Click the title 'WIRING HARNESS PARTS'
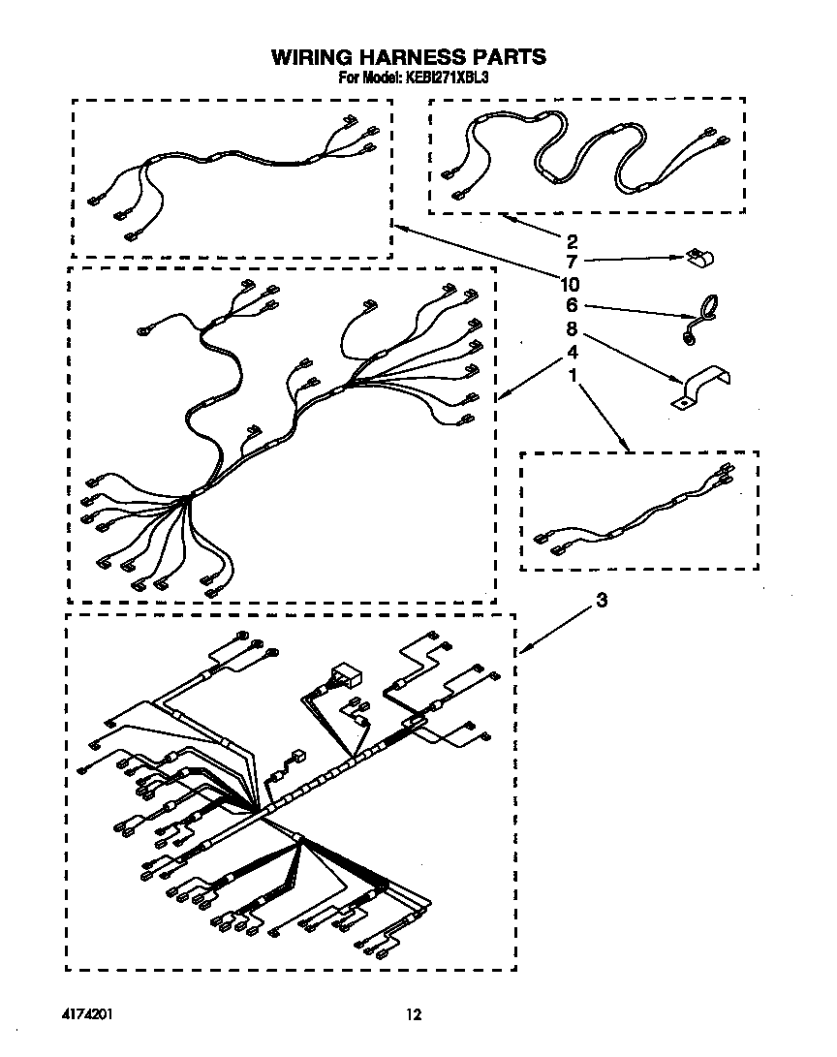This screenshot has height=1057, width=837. (408, 57)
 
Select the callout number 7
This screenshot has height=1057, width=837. (572, 262)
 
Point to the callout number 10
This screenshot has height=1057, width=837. (570, 284)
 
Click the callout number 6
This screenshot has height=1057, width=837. (572, 306)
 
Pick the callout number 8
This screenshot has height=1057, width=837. (572, 328)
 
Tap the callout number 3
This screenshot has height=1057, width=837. (603, 601)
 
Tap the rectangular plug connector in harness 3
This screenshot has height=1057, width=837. (344, 673)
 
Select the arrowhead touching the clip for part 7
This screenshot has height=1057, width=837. (679, 259)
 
